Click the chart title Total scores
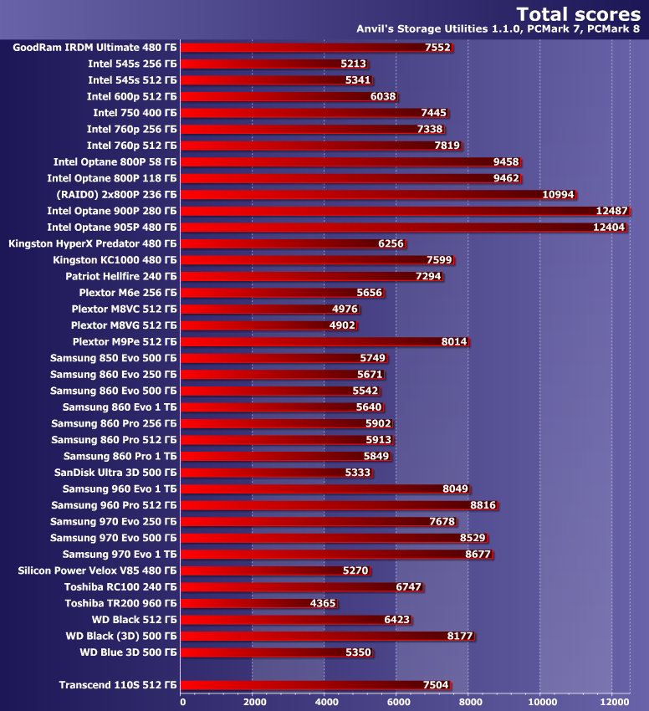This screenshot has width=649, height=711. [x=578, y=13]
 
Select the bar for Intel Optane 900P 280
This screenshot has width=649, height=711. [x=401, y=211]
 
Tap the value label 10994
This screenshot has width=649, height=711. [x=559, y=195]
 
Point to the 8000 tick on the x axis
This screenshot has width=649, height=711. [x=469, y=702]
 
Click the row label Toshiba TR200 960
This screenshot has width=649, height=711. [x=120, y=603]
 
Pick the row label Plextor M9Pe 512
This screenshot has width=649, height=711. [x=125, y=341]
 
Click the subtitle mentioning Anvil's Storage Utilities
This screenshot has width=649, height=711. [x=498, y=29]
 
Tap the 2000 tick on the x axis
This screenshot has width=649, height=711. [x=253, y=702]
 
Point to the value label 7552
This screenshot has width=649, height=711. [x=437, y=48]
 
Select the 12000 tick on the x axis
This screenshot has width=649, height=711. [x=613, y=702]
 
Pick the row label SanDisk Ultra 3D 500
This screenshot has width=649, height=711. [x=115, y=473]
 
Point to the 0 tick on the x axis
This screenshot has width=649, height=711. [x=182, y=702]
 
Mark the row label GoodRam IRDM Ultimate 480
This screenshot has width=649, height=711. [x=95, y=48]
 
